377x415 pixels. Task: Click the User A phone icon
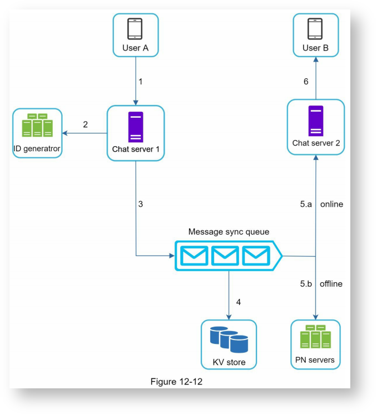[x=135, y=28]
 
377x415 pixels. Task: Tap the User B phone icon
[x=315, y=28]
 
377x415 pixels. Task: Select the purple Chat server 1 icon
[x=136, y=127]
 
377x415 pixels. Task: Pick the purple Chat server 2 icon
[x=316, y=121]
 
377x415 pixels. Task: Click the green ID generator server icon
[x=37, y=126]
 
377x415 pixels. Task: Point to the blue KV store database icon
[x=229, y=340]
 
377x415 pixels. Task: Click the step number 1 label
[x=141, y=82]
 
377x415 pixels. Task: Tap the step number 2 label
[x=85, y=124]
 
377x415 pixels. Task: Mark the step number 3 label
[x=141, y=204]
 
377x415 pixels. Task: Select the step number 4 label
[x=239, y=302]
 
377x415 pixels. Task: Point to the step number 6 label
[x=305, y=82]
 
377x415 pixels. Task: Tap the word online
[x=331, y=204]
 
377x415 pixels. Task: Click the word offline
[x=331, y=284]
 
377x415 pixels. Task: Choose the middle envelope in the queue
[x=225, y=256]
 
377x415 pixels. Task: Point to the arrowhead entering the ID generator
[x=66, y=133]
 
